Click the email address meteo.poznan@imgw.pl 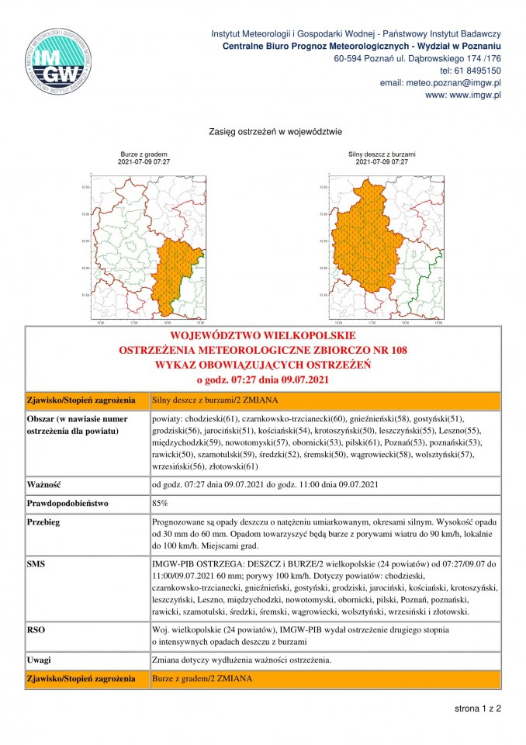(440, 82)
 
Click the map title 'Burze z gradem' (144, 154)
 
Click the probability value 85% (162, 504)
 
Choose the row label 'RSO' (36, 629)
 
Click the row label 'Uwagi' (39, 660)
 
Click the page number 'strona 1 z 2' (478, 709)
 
